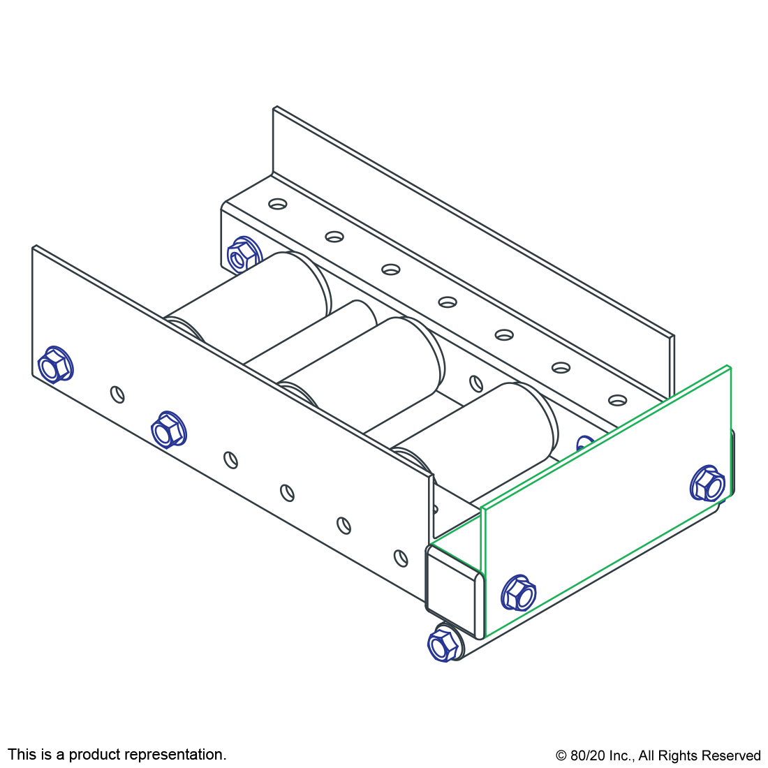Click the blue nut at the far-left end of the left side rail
[56, 364]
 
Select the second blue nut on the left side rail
[168, 429]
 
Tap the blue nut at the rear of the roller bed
[243, 256]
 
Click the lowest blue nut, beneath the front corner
[443, 643]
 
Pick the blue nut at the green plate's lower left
[518, 593]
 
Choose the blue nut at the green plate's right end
[707, 483]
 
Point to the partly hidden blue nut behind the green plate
[584, 443]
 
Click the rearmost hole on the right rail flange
[278, 204]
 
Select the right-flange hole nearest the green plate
[617, 400]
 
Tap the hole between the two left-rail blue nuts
[118, 394]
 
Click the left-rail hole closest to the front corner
[400, 558]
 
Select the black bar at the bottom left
[117, 755]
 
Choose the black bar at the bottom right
[658, 756]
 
